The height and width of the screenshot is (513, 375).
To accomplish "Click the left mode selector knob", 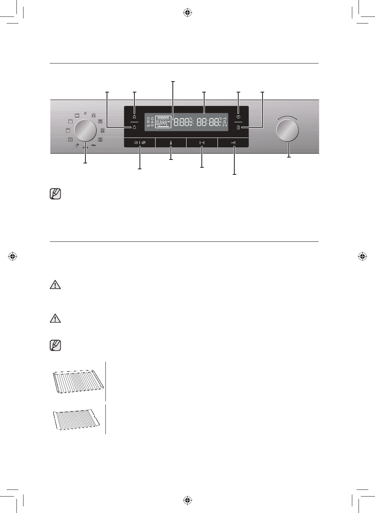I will click(85, 131).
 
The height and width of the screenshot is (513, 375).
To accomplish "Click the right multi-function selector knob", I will click(287, 131).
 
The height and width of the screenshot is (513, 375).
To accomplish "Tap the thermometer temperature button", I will click(171, 143).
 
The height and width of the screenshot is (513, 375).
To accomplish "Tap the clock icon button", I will click(238, 117).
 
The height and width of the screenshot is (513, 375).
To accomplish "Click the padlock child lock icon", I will click(238, 127).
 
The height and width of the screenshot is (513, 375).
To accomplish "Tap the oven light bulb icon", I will click(134, 117).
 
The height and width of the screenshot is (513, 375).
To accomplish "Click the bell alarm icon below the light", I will click(134, 127).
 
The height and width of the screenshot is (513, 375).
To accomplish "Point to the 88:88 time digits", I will click(208, 122).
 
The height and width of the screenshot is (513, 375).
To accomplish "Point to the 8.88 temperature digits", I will click(181, 122).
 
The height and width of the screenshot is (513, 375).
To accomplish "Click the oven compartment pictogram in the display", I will click(163, 122).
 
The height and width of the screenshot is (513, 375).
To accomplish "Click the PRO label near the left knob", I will click(94, 145).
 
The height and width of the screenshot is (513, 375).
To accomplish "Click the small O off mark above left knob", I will click(85, 113).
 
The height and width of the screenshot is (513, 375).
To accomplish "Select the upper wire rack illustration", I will click(78, 381).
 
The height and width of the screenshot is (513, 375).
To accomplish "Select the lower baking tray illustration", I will click(76, 419).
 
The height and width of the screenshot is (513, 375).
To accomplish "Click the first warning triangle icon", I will click(55, 285).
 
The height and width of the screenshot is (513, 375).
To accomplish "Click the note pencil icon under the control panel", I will click(56, 194).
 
